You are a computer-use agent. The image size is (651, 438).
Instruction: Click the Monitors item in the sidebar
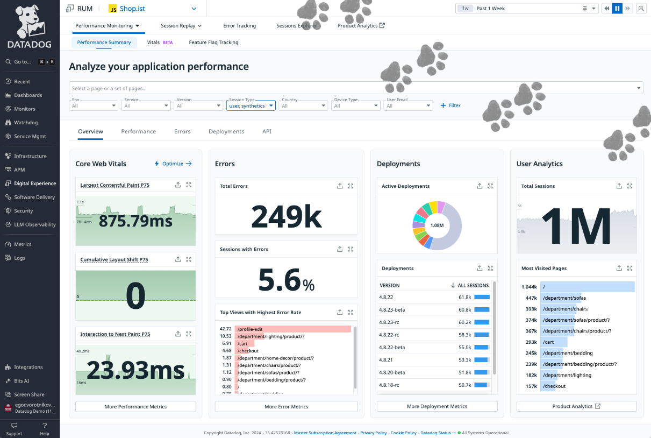tap(24, 109)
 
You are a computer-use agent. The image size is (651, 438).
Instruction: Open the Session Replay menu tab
tap(181, 25)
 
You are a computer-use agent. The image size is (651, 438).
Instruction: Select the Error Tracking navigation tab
tap(239, 25)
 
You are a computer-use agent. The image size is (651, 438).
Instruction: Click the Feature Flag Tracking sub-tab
tap(213, 43)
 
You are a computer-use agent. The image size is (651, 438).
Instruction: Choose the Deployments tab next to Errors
tap(226, 131)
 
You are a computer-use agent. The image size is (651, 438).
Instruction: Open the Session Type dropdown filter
tap(251, 106)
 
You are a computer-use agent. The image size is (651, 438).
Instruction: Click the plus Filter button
tap(450, 105)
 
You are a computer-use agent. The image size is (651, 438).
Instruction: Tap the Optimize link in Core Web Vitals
tap(173, 164)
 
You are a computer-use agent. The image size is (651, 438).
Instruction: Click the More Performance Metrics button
tap(135, 407)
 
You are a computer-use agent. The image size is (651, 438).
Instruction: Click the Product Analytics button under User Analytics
tap(576, 407)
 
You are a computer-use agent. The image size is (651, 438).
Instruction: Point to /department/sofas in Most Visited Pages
tap(564, 298)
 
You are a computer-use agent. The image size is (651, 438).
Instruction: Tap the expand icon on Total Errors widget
tap(350, 186)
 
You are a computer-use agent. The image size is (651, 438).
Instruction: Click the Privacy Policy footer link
tap(373, 433)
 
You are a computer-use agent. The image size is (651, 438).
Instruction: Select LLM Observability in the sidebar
tap(34, 224)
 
